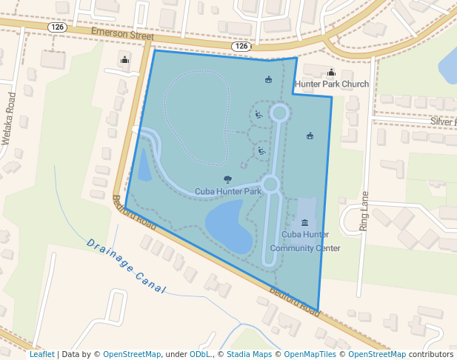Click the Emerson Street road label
[122, 34]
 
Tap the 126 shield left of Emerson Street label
[57, 27]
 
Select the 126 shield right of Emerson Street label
[241, 46]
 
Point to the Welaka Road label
[9, 119]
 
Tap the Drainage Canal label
[125, 266]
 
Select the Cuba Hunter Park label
[228, 191]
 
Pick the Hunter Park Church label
[332, 84]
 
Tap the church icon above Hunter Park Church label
[330, 72]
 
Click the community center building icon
[305, 223]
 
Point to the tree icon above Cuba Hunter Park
[227, 179]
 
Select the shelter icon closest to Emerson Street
[268, 79]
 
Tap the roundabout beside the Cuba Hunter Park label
[270, 184]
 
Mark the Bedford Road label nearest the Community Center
[295, 301]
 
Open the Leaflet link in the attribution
[41, 354]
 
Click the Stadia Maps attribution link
[249, 354]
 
